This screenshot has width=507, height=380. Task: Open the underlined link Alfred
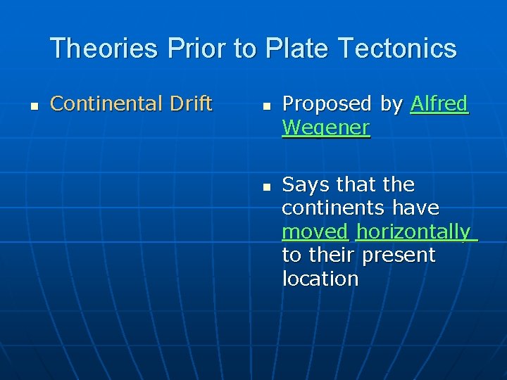[439, 103]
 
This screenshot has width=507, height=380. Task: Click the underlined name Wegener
[325, 127]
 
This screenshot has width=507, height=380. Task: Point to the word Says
[306, 184]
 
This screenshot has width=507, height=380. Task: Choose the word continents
[334, 208]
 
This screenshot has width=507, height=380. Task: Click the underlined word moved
[315, 232]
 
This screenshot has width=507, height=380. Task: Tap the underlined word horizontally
[413, 232]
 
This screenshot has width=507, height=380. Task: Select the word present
[399, 255]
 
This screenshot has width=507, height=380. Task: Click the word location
[320, 279]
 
